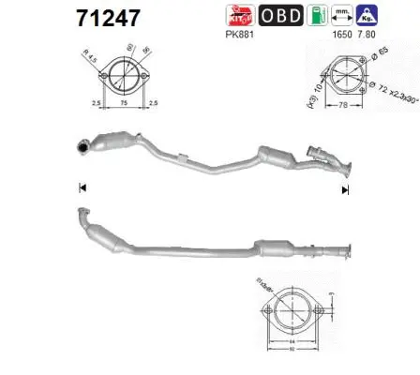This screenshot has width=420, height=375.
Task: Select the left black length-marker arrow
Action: (x=82, y=188)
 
